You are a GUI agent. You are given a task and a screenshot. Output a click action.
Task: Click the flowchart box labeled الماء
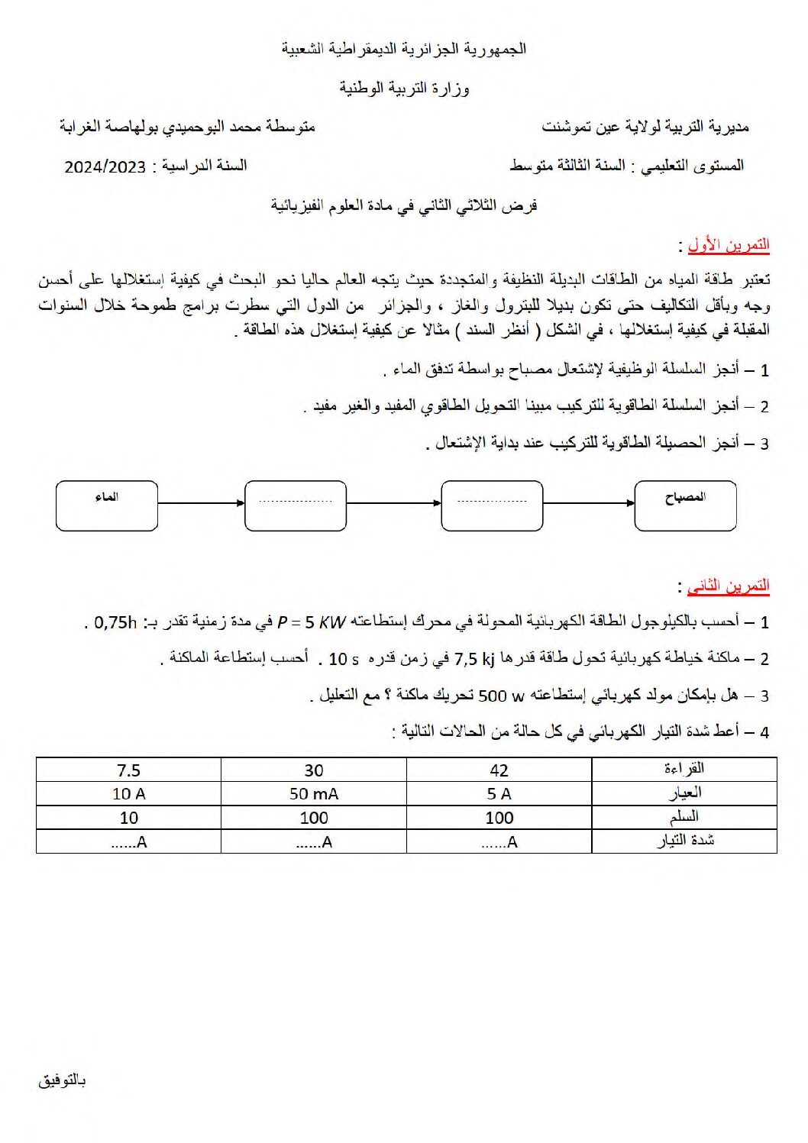pos(107,505)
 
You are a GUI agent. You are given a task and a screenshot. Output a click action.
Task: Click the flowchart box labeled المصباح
pos(685,505)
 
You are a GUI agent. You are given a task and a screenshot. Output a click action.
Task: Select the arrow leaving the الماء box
pos(201,503)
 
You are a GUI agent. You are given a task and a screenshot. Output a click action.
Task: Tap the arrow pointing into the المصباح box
pos(589,503)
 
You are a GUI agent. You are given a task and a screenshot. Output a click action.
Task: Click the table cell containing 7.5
pos(128,770)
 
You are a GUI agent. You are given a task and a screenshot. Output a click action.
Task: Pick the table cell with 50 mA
pos(313,794)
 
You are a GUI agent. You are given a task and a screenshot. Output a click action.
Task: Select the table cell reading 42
pos(499,770)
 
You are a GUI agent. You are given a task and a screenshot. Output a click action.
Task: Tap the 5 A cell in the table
pos(499,794)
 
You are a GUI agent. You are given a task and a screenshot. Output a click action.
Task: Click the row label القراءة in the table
pos(684,769)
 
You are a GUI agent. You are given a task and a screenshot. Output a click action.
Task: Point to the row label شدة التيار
pos(685,841)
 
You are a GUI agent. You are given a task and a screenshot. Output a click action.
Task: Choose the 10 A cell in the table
pos(128,794)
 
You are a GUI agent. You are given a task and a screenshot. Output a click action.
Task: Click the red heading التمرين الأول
pos(728,245)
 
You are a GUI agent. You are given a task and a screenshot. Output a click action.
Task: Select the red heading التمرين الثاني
pos(728,586)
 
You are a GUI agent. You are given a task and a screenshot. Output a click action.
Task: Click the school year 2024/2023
pos(105,166)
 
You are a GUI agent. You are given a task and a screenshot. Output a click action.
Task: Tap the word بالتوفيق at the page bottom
pos(62,1080)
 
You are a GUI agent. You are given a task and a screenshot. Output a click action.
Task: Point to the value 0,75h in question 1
pos(115,622)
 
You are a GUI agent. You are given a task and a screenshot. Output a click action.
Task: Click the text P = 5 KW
pos(312,622)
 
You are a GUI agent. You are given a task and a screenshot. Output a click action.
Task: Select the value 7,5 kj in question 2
pos(474,658)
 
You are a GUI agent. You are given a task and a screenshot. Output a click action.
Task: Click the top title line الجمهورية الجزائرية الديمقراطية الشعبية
pos(404,49)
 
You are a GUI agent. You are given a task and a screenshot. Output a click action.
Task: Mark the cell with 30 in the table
pos(313,770)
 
